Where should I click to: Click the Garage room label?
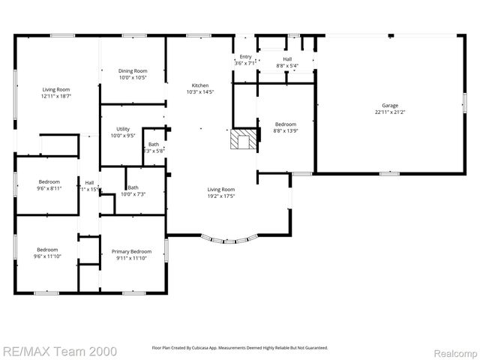(389, 106)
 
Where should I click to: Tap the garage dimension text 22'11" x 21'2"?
(389, 112)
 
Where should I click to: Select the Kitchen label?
(200, 85)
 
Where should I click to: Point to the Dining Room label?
(133, 71)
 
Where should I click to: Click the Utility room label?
(122, 129)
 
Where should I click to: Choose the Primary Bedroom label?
(131, 251)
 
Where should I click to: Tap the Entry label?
(245, 57)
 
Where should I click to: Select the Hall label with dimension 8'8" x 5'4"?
(287, 58)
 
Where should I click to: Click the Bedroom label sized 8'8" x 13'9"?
(285, 124)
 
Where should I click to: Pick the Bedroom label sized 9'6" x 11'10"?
(49, 250)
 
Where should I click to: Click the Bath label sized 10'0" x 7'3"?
(133, 187)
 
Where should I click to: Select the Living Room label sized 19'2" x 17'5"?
(221, 190)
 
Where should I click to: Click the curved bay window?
(229, 241)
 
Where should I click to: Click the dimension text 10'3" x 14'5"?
(200, 92)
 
